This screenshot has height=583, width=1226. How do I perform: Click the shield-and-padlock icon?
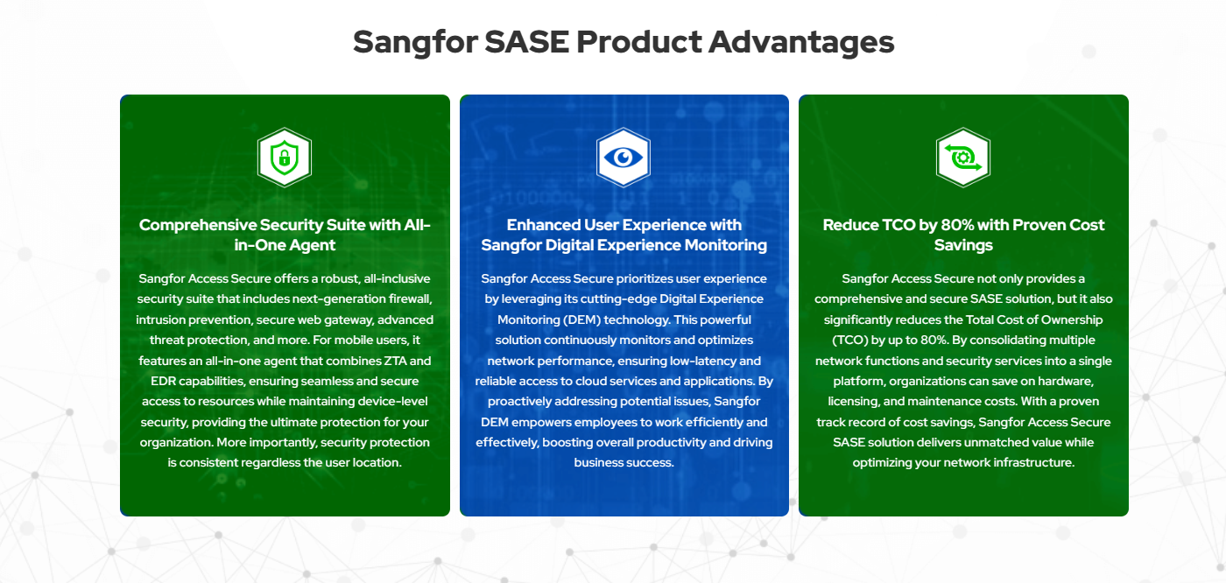click(x=285, y=158)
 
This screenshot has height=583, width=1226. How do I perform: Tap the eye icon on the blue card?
click(x=624, y=158)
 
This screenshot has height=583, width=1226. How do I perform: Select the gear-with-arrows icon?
click(x=963, y=158)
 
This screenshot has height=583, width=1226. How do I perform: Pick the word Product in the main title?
click(x=638, y=41)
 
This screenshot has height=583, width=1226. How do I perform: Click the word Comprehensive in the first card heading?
click(x=198, y=225)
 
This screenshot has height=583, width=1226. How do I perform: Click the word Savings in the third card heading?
click(x=963, y=245)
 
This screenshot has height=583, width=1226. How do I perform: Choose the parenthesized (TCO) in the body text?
click(x=849, y=341)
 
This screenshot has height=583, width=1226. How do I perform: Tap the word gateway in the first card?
click(x=349, y=320)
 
